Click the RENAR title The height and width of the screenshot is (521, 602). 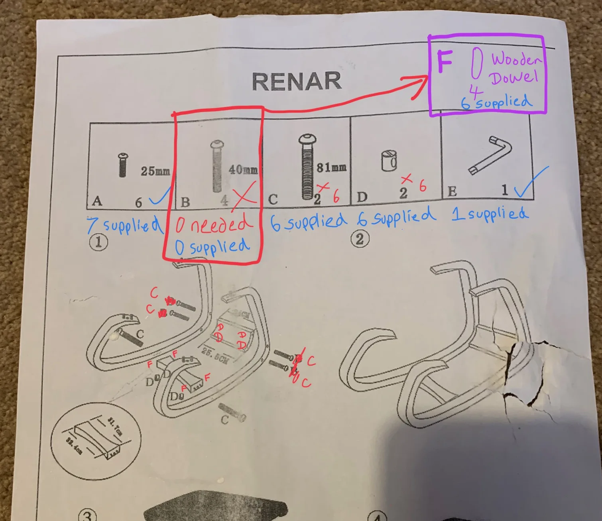[x=297, y=81]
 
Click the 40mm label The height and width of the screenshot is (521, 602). [x=243, y=170]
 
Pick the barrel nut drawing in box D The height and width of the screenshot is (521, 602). [x=390, y=161]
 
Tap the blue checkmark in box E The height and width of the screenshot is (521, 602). [x=530, y=185]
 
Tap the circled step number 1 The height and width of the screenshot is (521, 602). [x=98, y=242]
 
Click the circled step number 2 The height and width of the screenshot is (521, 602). [x=360, y=239]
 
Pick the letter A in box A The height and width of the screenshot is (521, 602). [x=97, y=201]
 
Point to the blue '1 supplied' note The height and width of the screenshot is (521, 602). [x=490, y=214]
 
